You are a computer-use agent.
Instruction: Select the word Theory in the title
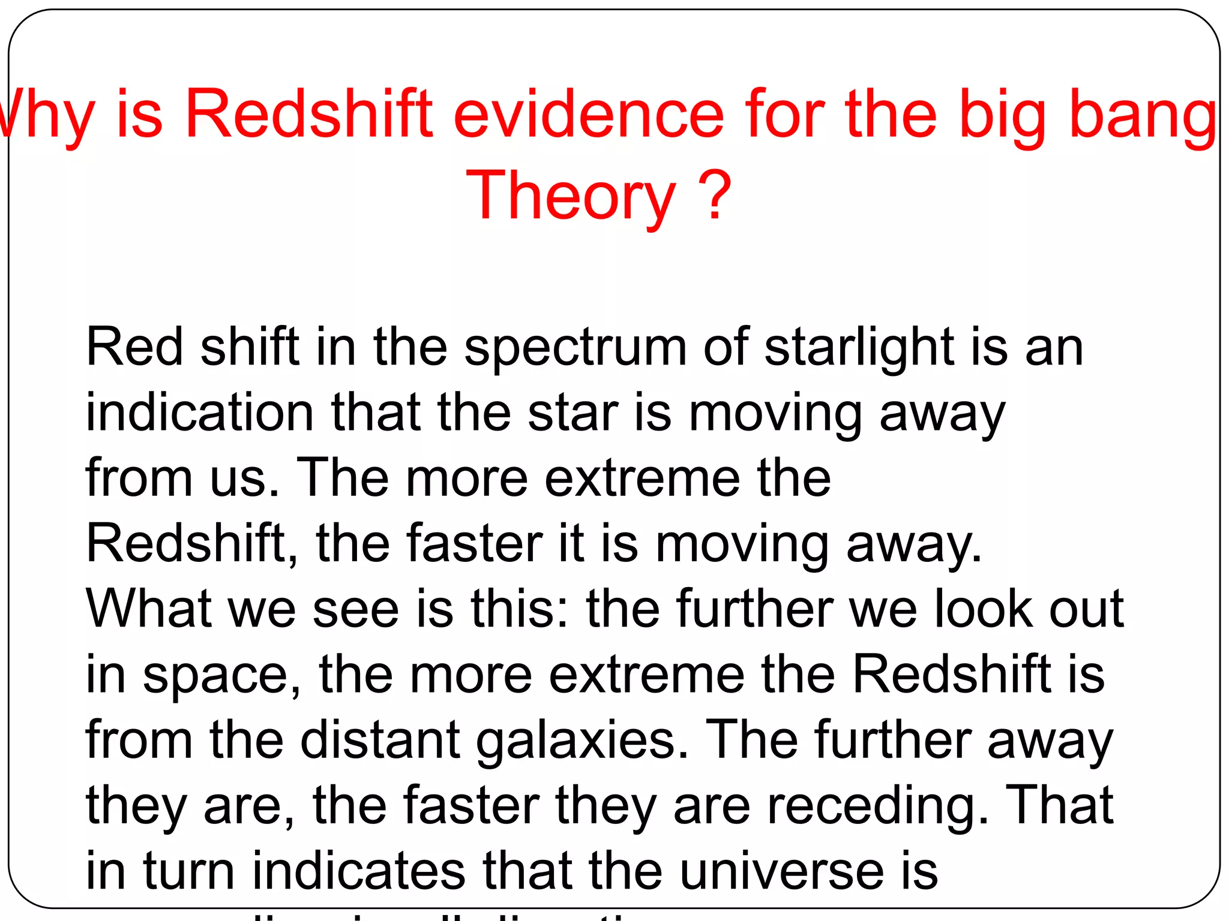[571, 197]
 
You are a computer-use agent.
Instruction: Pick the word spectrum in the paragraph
[575, 348]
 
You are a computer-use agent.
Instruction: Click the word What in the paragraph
[149, 609]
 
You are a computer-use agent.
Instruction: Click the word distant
[380, 740]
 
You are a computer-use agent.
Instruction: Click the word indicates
[359, 871]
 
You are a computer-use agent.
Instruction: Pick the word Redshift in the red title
[309, 114]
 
